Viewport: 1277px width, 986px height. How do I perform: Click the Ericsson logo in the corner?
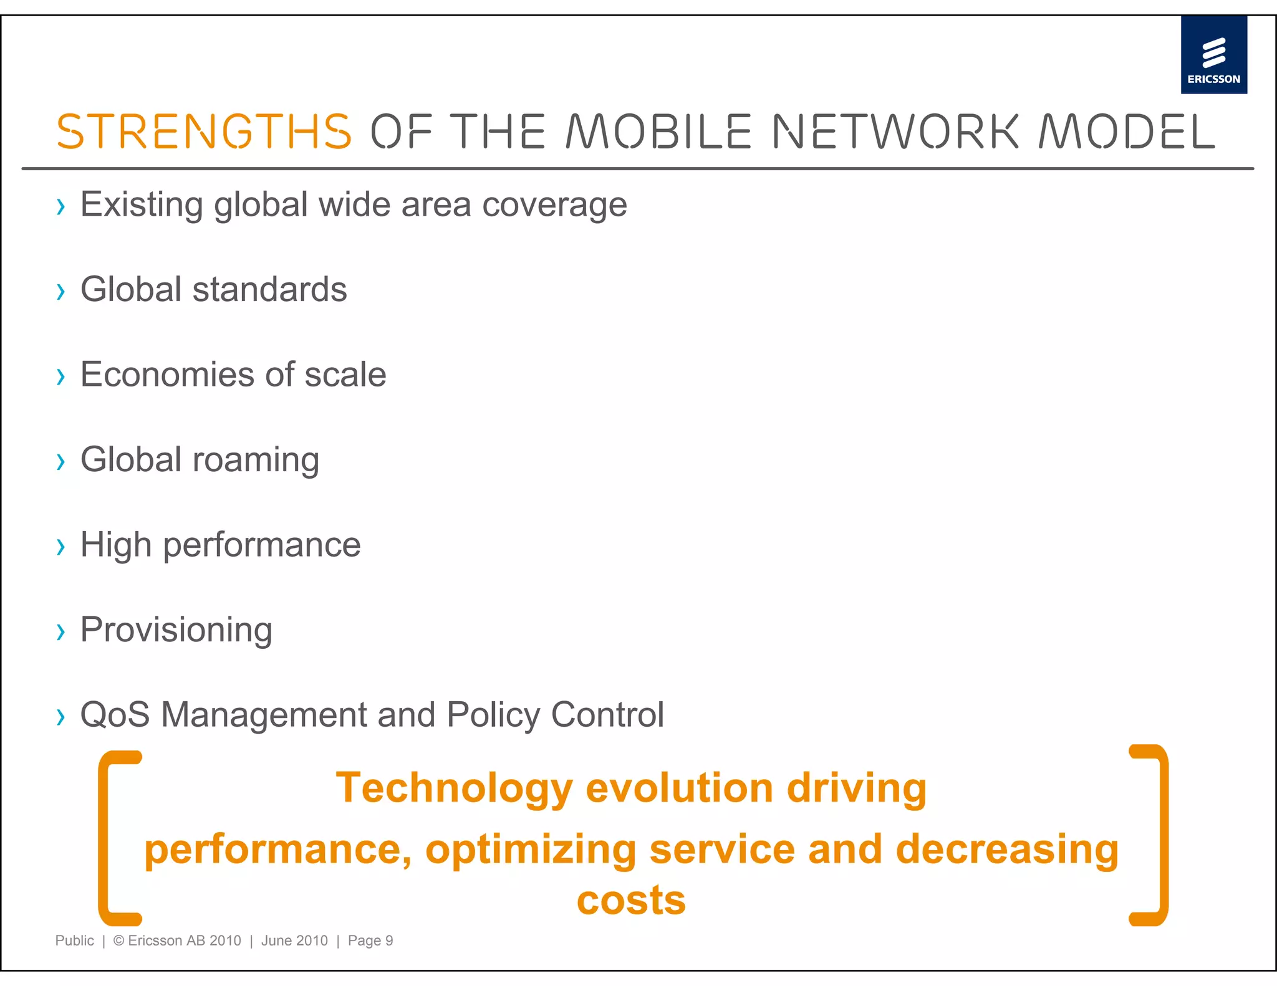coord(1213,55)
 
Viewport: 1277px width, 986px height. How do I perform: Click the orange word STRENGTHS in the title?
coord(204,132)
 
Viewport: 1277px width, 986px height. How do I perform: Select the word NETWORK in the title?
coord(895,132)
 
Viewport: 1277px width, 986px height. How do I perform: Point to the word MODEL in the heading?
coord(1127,132)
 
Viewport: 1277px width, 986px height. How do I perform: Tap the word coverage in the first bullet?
coord(554,206)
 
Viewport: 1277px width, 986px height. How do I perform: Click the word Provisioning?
coord(176,629)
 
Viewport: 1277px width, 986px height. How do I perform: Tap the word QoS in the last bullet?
coord(115,714)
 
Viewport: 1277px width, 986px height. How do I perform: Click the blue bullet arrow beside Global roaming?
coord(60,462)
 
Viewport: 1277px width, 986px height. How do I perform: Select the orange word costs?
coord(631,901)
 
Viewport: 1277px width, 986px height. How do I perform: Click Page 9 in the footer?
coord(370,941)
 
